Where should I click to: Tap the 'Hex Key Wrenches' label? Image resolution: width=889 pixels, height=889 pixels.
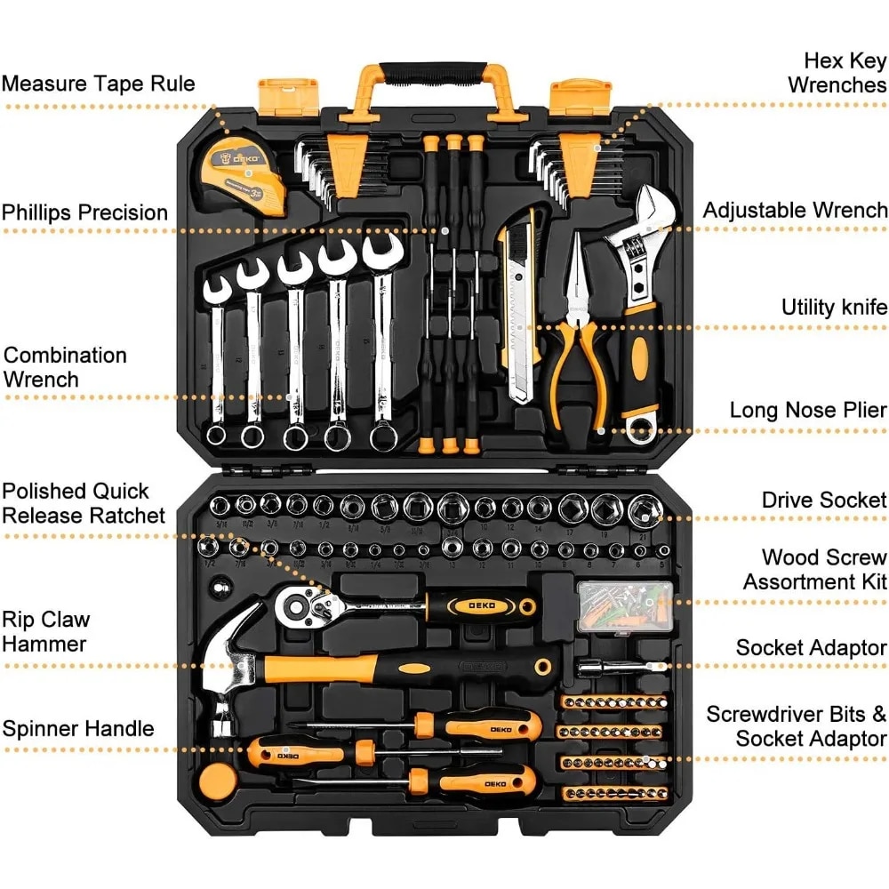[x=837, y=73]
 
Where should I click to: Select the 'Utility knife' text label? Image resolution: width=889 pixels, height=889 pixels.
[x=834, y=308]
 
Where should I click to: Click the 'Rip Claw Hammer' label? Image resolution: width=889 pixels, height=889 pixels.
[x=45, y=631]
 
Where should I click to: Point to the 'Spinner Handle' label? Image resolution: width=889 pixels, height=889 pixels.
[x=78, y=730]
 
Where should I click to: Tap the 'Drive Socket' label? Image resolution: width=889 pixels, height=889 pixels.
[x=824, y=500]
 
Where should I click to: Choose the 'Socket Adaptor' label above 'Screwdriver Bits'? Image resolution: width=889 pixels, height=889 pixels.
[x=811, y=648]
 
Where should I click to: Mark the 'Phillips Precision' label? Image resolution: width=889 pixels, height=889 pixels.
[x=84, y=213]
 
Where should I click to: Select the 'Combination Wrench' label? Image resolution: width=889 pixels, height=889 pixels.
[x=66, y=367]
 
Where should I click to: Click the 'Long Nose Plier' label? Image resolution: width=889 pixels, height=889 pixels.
[x=808, y=410]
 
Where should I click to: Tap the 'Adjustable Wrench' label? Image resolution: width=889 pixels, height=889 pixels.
[x=795, y=211]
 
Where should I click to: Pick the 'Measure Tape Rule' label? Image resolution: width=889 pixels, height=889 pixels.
[x=98, y=84]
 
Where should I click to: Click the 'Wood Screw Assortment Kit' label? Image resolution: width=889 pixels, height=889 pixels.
[x=815, y=570]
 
